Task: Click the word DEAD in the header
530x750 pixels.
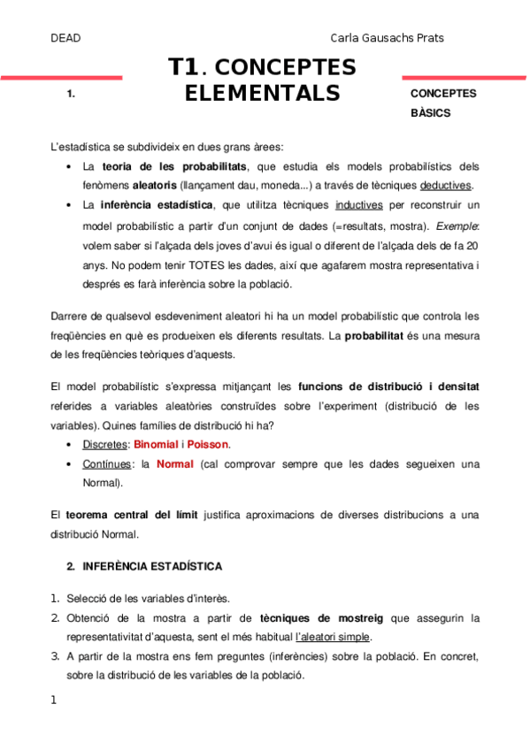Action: [65, 38]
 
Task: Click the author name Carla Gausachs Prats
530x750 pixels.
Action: [387, 38]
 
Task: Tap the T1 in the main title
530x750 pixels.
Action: [186, 67]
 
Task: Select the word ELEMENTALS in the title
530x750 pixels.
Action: [262, 93]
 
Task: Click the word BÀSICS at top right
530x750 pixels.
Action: [431, 113]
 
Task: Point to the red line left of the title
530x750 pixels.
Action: [61, 78]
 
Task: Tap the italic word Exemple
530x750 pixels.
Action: [459, 225]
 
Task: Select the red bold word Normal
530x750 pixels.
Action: [175, 464]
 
